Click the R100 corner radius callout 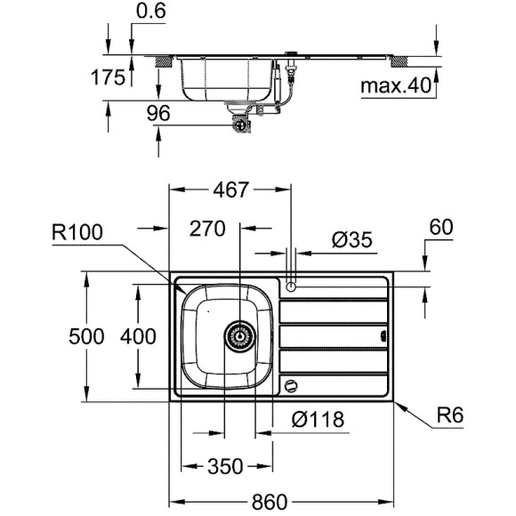coord(78,234)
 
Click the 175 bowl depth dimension coord(108,78)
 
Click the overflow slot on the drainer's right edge coord(383,336)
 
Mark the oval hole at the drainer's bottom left coord(290,384)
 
